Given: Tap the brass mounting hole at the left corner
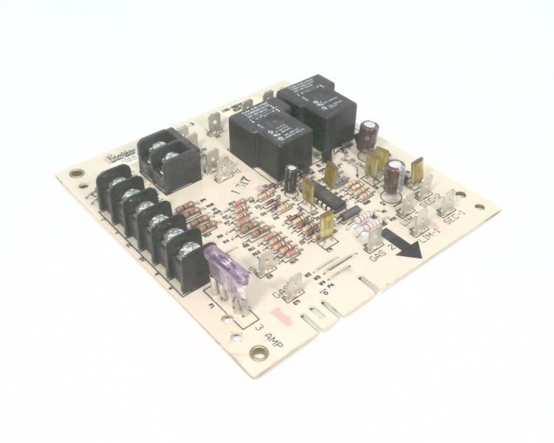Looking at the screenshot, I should pyautogui.click(x=76, y=174).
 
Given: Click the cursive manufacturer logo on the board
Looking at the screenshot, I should pyautogui.click(x=118, y=159).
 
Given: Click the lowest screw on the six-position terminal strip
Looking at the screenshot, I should pyautogui.click(x=188, y=253).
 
